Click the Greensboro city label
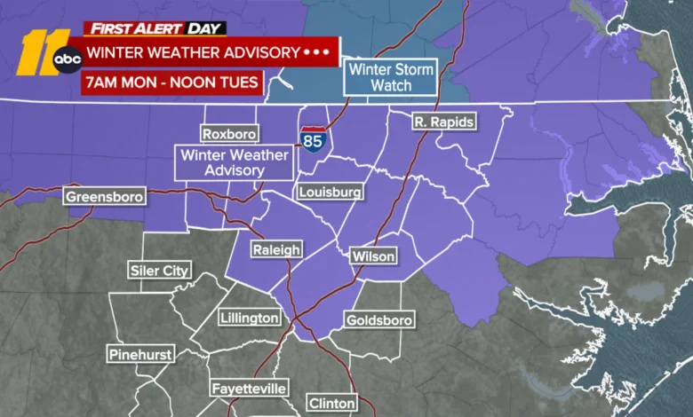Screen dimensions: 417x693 point(105,196)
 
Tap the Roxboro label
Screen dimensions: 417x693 point(228,135)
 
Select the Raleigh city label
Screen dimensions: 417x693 point(275,249)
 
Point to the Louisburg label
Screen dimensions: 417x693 point(330,192)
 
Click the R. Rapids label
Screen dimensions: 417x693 point(444,122)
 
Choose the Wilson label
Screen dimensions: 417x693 point(373,256)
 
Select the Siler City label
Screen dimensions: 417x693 point(159,271)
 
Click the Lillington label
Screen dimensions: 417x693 point(250,318)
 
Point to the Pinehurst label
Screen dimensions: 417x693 point(139,354)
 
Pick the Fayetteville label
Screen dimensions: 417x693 point(249,389)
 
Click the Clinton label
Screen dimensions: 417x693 point(331,403)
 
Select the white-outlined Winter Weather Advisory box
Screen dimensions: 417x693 point(222,162)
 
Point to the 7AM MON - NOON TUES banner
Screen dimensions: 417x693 point(172,83)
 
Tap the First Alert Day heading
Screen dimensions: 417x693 point(155,28)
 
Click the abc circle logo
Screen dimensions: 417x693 point(68,60)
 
